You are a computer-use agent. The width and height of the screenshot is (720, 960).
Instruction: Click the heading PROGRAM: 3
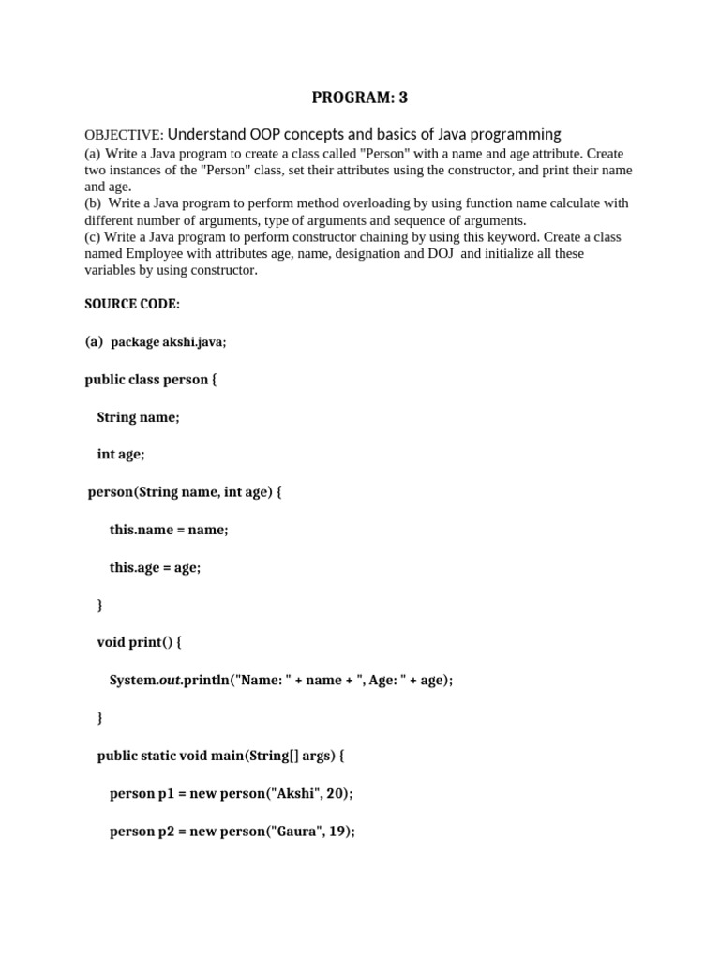[x=360, y=97]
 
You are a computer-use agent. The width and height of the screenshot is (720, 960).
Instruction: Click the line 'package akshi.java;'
[x=169, y=342]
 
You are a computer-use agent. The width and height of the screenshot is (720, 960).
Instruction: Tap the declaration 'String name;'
[x=138, y=417]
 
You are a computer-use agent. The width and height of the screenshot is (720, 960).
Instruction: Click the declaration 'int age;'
[x=121, y=455]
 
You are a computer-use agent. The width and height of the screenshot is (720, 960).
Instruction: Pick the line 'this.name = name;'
[x=169, y=530]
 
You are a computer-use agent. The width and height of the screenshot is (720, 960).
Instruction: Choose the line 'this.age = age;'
[x=155, y=567]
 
